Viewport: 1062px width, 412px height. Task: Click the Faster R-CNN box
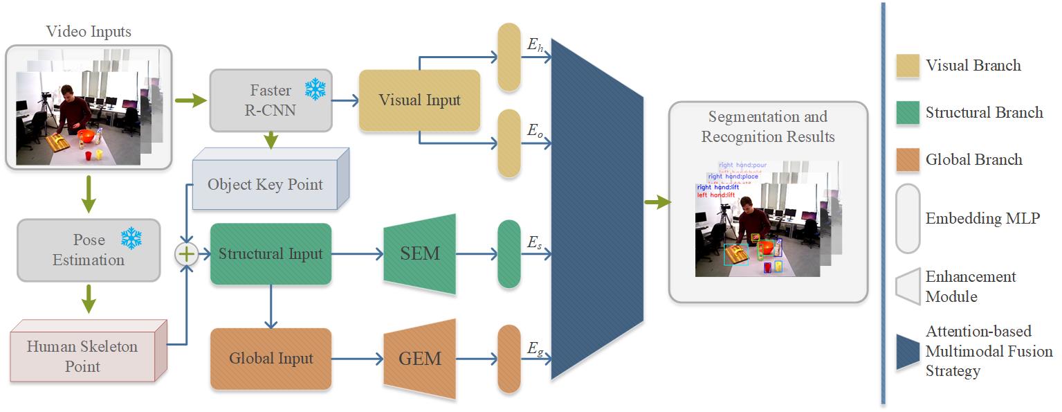click(271, 100)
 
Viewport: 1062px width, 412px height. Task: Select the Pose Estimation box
click(89, 250)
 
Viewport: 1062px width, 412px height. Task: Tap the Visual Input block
click(419, 100)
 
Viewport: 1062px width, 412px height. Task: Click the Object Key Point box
click(265, 184)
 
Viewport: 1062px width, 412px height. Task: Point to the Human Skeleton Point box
click(83, 356)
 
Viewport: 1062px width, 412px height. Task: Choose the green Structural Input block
click(271, 254)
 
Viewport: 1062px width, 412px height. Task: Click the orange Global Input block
click(271, 359)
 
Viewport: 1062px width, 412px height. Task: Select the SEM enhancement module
click(420, 254)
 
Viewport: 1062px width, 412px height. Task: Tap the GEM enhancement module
click(420, 359)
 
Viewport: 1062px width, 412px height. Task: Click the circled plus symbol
click(185, 254)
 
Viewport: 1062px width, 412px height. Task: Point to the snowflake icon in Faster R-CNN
click(315, 89)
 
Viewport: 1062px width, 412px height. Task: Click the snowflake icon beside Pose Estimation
click(131, 239)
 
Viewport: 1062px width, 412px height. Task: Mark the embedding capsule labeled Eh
click(509, 57)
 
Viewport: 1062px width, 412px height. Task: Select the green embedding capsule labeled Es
click(509, 254)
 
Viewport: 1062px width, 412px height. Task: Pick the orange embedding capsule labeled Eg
click(509, 359)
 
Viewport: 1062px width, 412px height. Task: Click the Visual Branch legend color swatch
click(907, 66)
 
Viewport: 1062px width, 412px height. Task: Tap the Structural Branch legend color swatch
click(907, 113)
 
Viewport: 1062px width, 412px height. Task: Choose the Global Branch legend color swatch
click(907, 159)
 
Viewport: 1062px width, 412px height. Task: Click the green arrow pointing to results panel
click(657, 202)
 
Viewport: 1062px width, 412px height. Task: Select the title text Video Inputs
click(88, 31)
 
